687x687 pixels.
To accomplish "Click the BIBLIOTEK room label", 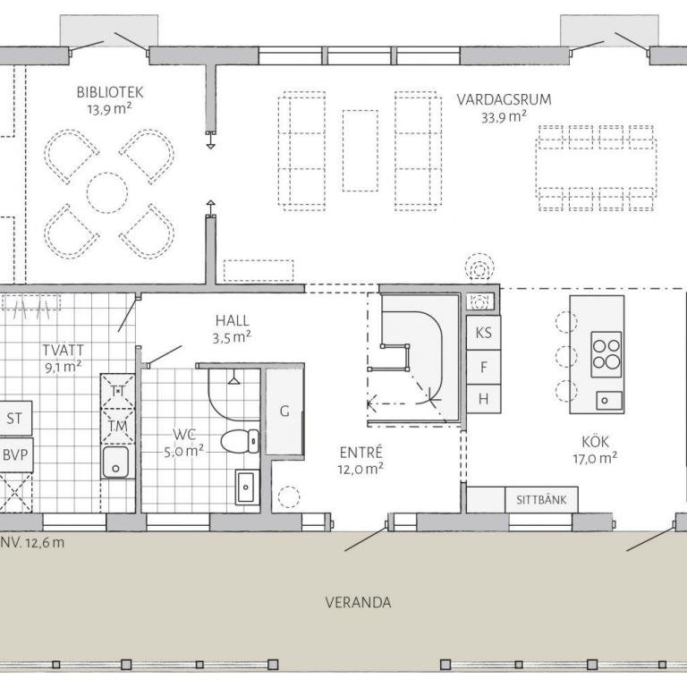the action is (x=110, y=92).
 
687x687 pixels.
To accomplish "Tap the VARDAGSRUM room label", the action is (x=504, y=99).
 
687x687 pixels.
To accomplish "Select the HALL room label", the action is (x=233, y=321).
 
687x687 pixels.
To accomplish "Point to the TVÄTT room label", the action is (x=64, y=350).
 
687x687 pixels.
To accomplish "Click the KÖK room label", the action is (x=596, y=442).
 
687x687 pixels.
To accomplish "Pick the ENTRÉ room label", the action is (x=361, y=452).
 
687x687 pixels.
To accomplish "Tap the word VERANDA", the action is (x=358, y=602).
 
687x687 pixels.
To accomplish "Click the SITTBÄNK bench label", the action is (x=541, y=500).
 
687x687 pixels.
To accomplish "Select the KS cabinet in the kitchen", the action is (x=483, y=333).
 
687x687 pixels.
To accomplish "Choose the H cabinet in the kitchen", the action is (x=483, y=399).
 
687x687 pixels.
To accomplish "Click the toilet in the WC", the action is (x=240, y=441).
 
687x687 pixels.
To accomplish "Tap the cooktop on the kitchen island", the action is (x=606, y=354).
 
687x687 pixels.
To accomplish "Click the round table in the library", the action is (x=107, y=193).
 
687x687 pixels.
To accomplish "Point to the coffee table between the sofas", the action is (x=360, y=150).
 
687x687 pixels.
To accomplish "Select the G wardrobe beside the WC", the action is (x=284, y=411).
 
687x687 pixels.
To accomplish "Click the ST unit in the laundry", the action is (x=14, y=419).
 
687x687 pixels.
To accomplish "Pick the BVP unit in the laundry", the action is (x=15, y=454).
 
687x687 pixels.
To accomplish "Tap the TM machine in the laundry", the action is (x=117, y=426).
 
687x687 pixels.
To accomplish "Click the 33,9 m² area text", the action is (x=504, y=117).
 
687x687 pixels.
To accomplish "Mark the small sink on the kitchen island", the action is (x=608, y=400).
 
